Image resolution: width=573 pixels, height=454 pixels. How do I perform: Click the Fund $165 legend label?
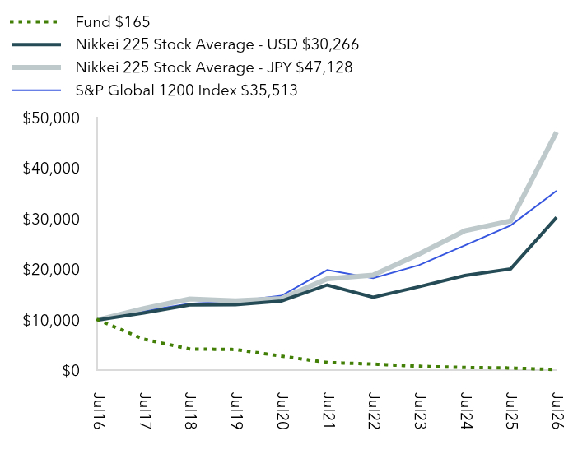click(x=113, y=22)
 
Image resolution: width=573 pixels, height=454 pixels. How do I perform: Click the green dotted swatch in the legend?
click(x=34, y=22)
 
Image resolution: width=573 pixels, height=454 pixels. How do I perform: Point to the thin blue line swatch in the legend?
click(x=36, y=90)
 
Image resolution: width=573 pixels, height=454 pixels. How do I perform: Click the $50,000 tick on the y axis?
click(x=51, y=118)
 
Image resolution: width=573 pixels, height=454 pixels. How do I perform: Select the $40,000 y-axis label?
click(x=51, y=169)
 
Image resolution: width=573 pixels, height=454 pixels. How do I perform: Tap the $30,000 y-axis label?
click(x=51, y=219)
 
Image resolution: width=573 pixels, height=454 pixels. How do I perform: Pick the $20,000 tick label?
click(x=51, y=269)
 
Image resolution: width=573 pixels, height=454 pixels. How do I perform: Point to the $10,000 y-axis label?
click(x=51, y=320)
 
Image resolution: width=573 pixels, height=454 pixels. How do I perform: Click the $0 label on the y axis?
click(x=71, y=370)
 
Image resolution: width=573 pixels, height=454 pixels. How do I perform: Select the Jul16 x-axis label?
click(x=98, y=410)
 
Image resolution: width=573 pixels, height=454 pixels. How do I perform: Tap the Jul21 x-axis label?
click(x=328, y=410)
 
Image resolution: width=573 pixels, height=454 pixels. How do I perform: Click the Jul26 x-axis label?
click(x=557, y=410)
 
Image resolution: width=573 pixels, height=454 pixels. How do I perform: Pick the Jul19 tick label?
click(x=236, y=410)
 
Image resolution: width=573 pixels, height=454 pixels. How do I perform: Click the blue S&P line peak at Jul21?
click(x=327, y=270)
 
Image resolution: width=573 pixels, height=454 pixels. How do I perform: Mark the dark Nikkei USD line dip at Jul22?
click(x=373, y=297)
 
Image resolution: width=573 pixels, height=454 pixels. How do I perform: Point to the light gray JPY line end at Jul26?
click(x=556, y=133)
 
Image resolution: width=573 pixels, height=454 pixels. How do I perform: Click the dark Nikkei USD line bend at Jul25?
click(x=510, y=269)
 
